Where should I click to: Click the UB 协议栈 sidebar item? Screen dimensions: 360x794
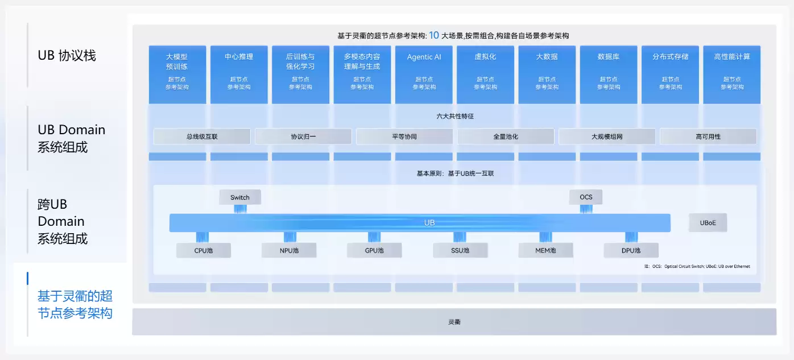coord(67,56)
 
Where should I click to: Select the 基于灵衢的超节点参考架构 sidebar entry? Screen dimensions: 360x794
coord(75,304)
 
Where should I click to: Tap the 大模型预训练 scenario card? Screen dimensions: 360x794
coord(177,74)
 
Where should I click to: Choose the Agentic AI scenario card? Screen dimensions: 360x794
coord(424,74)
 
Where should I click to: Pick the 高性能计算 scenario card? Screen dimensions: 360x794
coord(731,74)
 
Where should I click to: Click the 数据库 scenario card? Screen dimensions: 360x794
coord(608,74)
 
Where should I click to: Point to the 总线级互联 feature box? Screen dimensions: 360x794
coord(202,136)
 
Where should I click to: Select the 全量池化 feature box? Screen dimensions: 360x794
coord(506,136)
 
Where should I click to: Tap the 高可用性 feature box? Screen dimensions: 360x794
coord(708,136)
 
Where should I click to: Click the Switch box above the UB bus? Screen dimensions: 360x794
coord(240,197)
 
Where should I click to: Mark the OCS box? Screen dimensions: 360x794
coord(586,197)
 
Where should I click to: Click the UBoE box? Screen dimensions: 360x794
coord(708,223)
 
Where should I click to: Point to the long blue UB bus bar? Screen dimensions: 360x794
coord(420,223)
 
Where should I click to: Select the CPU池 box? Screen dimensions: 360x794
coord(203,250)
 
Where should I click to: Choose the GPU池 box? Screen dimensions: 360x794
coord(374,250)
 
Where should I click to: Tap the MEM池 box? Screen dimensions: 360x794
coord(545,250)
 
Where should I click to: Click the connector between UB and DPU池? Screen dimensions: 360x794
coord(631,237)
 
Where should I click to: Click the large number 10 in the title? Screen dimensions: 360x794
coord(434,35)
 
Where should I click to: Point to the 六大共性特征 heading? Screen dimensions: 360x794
coord(454,117)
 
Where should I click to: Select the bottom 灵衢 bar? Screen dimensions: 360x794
coord(454,322)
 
